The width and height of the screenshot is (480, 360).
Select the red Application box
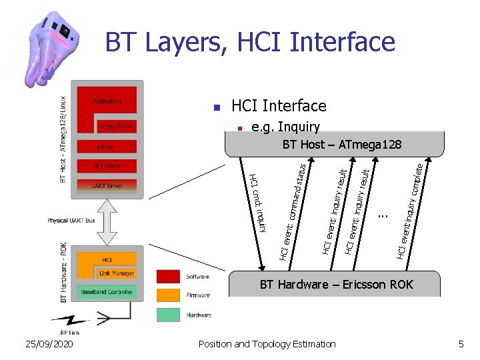click(x=107, y=101)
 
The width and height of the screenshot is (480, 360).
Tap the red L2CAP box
click(x=107, y=145)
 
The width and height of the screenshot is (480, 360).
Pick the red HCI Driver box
click(x=107, y=165)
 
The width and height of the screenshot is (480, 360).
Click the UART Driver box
click(x=107, y=186)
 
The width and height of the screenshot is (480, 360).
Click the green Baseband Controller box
click(x=107, y=292)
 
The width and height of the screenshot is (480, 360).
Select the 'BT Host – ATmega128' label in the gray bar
click(x=342, y=145)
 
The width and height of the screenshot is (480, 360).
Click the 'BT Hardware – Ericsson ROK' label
click(x=336, y=285)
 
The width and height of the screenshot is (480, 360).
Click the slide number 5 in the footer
click(x=460, y=344)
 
